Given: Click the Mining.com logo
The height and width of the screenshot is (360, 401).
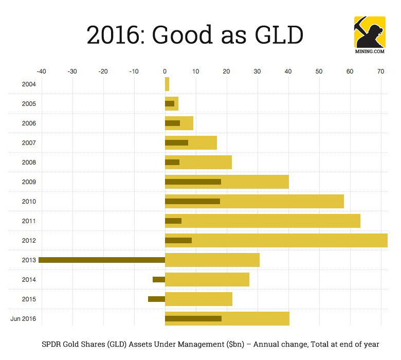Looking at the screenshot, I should [369, 33].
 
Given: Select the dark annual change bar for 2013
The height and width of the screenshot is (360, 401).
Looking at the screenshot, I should [102, 260].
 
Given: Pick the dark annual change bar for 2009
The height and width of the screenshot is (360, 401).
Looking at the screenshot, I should [193, 182].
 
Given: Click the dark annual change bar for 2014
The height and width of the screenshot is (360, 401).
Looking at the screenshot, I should [159, 279].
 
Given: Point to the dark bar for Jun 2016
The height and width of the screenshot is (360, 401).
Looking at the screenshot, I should [193, 318].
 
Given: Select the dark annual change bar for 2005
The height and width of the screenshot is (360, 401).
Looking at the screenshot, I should [170, 103].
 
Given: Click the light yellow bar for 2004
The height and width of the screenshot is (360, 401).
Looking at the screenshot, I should [167, 84].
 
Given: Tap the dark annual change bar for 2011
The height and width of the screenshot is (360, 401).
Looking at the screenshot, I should [173, 221].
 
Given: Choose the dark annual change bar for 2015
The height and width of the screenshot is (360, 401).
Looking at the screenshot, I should [156, 299].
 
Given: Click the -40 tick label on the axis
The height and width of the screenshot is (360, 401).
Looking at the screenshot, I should [41, 71].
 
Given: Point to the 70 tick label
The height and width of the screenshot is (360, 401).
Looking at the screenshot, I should [381, 71].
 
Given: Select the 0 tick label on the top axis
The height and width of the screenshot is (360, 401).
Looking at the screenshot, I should [165, 71].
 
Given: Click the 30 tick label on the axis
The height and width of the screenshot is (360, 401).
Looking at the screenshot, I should [258, 71].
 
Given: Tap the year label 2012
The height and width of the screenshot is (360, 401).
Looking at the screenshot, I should [29, 241].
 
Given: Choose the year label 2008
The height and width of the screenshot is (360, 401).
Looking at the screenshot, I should [29, 163].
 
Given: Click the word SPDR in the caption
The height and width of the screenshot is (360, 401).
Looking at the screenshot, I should [53, 344].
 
